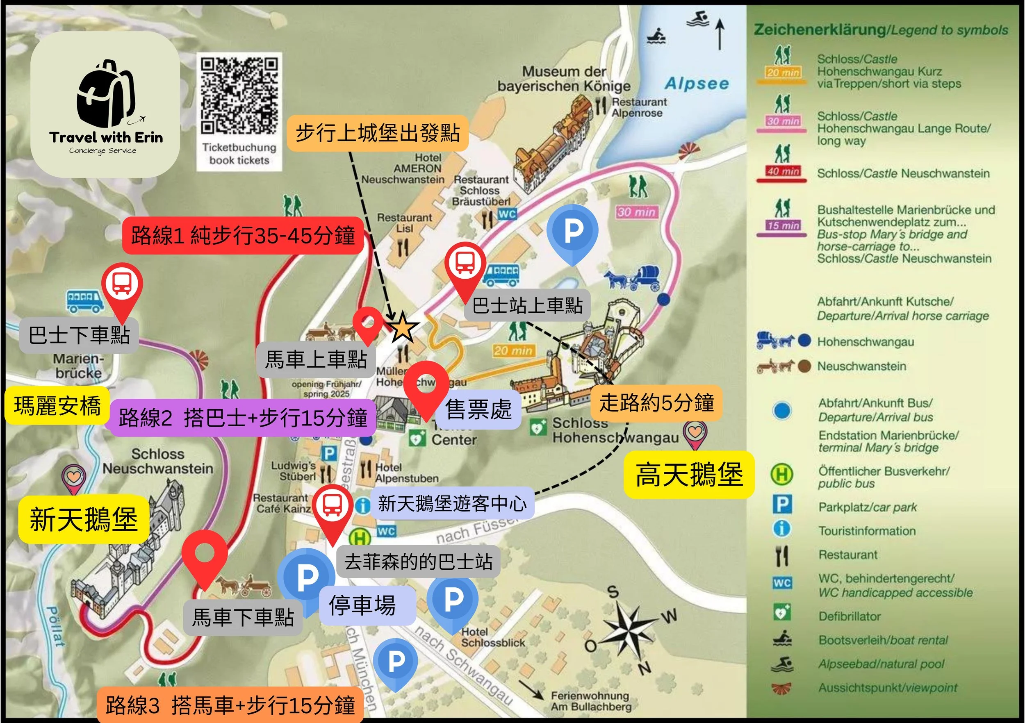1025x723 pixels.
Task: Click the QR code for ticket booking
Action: click(x=239, y=96)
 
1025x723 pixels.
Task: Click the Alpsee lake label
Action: click(x=697, y=84)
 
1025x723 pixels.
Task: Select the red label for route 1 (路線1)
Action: click(x=243, y=236)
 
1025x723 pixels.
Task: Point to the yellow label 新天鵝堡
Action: click(x=84, y=519)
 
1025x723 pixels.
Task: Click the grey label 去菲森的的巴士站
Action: click(x=418, y=562)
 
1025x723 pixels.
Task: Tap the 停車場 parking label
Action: click(x=362, y=606)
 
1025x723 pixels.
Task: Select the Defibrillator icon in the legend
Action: click(x=782, y=612)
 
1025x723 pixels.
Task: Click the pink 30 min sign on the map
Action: click(x=637, y=212)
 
